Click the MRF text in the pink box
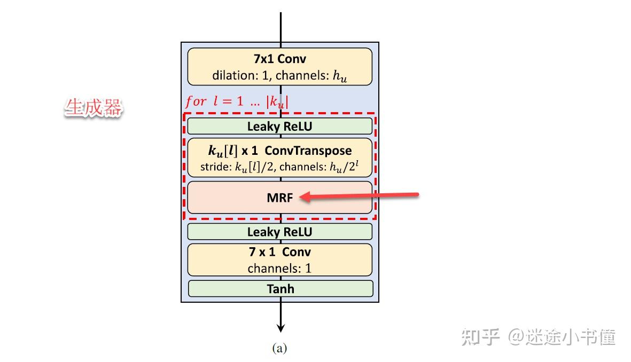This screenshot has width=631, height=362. coord(279,197)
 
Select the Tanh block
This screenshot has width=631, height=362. coord(280,289)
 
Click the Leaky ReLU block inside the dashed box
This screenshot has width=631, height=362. coord(279,127)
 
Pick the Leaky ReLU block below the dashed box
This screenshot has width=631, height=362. coord(279,232)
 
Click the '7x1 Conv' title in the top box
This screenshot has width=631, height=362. coord(279,59)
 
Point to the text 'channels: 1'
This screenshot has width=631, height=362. coord(279,268)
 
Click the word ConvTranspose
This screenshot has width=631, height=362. coord(308,151)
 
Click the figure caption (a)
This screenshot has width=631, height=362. coord(279,349)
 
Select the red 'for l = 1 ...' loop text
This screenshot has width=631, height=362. coord(236,101)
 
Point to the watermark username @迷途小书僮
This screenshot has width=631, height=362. coord(562,337)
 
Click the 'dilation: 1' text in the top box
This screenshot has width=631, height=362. coord(241,75)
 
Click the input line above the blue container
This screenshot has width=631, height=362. coord(281,27)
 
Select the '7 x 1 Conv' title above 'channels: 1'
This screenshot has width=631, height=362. coord(279,252)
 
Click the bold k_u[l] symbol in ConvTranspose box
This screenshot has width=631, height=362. coord(219,151)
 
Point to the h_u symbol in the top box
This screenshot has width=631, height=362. coord(340,76)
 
